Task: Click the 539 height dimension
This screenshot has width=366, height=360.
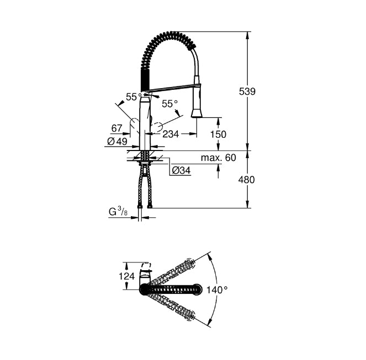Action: (247, 92)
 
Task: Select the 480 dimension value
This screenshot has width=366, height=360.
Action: (247, 180)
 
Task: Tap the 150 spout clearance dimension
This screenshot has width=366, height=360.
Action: (218, 135)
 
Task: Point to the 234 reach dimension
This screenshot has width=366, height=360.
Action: (171, 134)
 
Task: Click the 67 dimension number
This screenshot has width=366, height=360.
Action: (116, 128)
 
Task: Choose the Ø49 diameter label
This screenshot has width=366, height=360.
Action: (117, 141)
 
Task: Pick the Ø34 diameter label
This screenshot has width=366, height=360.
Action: (181, 171)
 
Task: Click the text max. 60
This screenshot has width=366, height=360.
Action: (219, 158)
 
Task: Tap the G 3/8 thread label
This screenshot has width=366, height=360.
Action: (118, 212)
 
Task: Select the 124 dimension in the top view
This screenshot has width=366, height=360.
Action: (127, 276)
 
